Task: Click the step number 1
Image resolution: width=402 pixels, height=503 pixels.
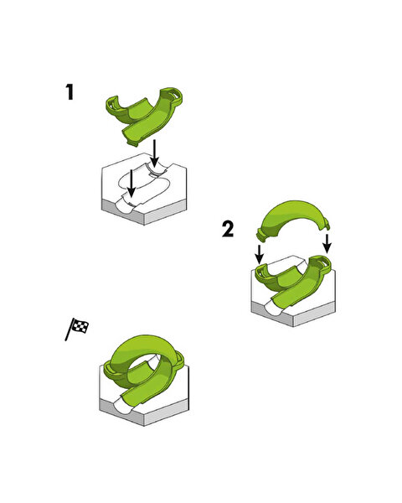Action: click(x=70, y=92)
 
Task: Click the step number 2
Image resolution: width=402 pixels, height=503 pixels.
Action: click(x=228, y=230)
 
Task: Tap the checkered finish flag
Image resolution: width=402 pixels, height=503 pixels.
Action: click(x=77, y=329)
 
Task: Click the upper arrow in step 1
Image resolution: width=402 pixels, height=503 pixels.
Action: click(x=155, y=153)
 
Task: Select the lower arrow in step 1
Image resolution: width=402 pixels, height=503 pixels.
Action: click(x=131, y=183)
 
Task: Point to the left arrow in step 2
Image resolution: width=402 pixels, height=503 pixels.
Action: click(x=260, y=254)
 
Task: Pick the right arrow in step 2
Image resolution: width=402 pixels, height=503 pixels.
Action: click(x=327, y=243)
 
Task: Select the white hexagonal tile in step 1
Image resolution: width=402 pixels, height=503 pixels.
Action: click(x=144, y=189)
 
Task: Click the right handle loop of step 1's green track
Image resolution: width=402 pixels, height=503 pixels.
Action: click(x=173, y=96)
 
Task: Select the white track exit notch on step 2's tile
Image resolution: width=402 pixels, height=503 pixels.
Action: click(x=274, y=307)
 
